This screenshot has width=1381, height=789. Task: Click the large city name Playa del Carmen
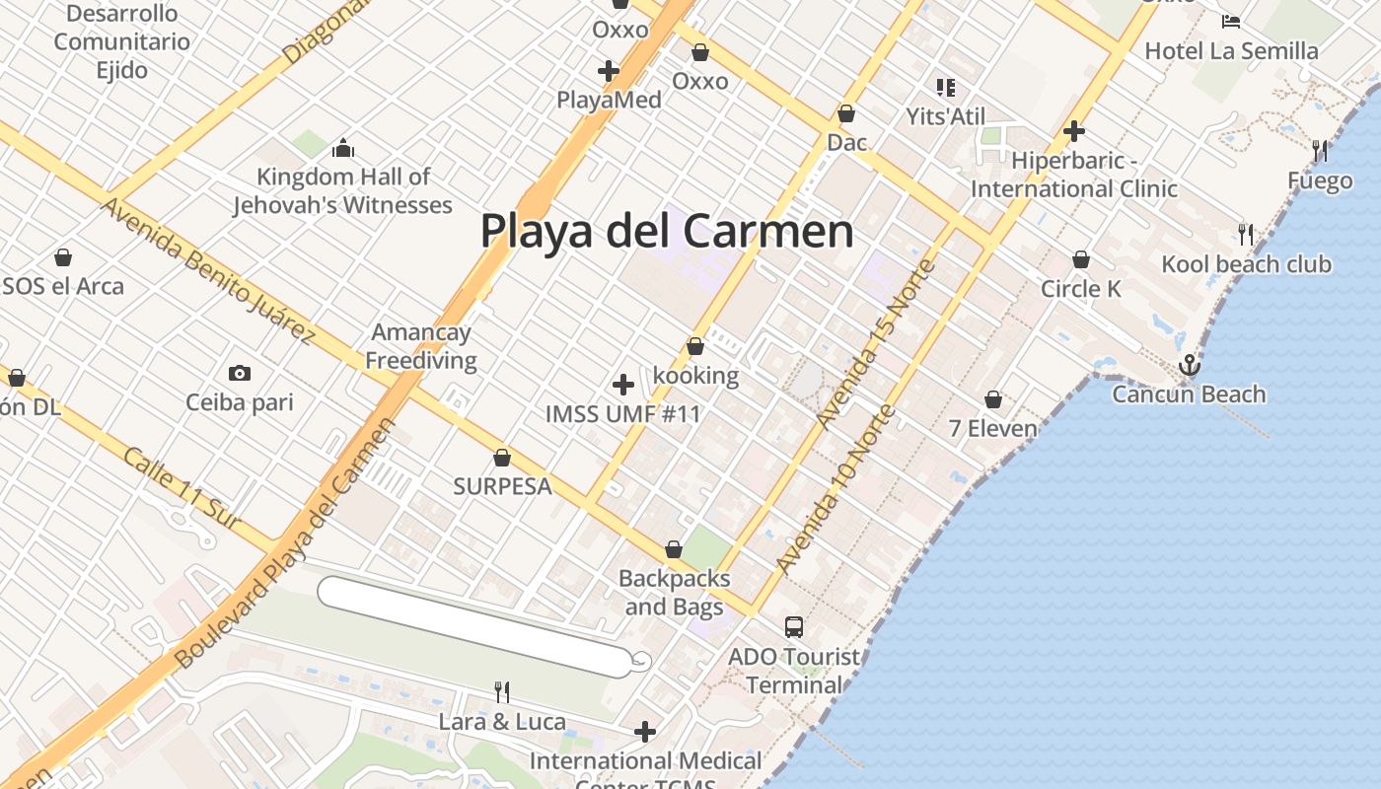tap(667, 231)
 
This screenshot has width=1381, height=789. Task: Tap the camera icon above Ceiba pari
tap(239, 373)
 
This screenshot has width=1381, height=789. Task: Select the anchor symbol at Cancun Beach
tap(1190, 366)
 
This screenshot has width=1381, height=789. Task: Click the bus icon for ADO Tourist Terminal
tap(794, 626)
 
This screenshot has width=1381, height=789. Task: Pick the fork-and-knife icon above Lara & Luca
tap(502, 691)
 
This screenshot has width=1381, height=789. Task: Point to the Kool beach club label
tap(1246, 264)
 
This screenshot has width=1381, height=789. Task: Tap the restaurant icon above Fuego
tap(1320, 151)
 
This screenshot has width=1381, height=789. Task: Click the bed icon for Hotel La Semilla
tap(1230, 21)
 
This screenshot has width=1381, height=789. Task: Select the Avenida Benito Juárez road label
tap(208, 270)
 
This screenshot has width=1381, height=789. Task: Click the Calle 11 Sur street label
tap(183, 489)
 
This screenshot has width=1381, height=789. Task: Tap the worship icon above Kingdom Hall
tap(343, 148)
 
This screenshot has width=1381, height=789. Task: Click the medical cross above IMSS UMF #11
tap(622, 385)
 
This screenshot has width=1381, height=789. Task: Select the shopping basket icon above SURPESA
tap(502, 458)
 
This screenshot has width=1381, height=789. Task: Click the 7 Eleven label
tap(992, 428)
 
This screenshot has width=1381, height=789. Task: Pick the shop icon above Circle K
tap(1081, 260)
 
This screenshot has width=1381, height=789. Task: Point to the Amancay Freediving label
tap(421, 346)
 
